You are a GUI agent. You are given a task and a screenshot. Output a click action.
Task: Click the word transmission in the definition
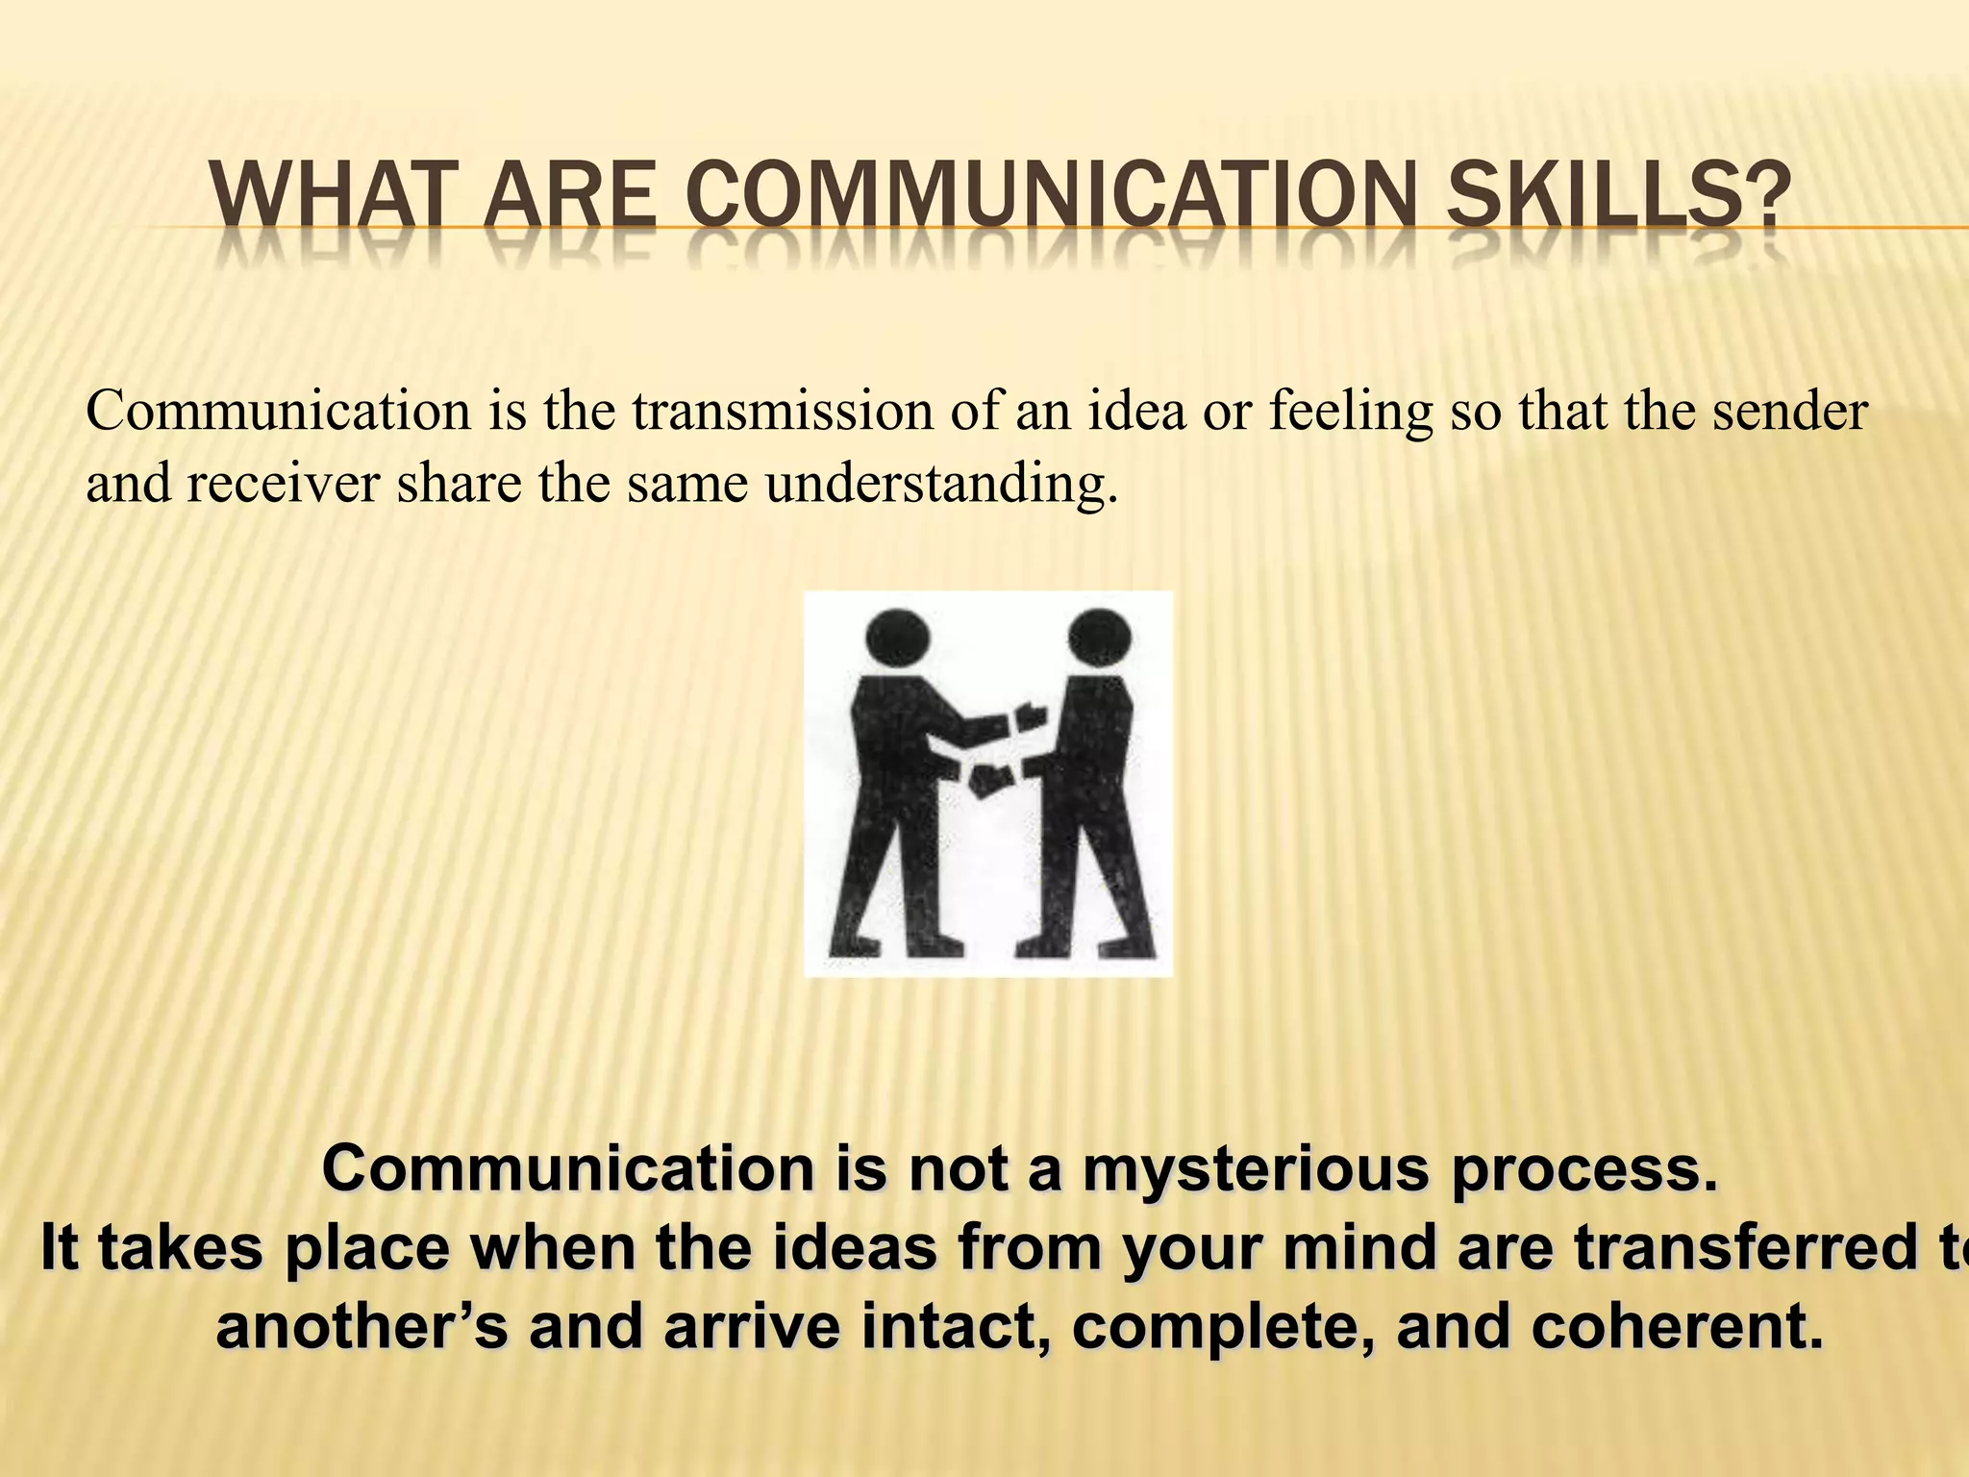(x=782, y=412)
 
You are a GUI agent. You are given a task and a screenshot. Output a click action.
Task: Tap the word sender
(x=1791, y=412)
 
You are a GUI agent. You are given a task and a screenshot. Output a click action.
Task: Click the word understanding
(x=942, y=483)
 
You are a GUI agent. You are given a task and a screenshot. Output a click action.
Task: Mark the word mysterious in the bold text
(x=1255, y=1170)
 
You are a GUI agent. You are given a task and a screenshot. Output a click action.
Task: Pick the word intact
(x=953, y=1328)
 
